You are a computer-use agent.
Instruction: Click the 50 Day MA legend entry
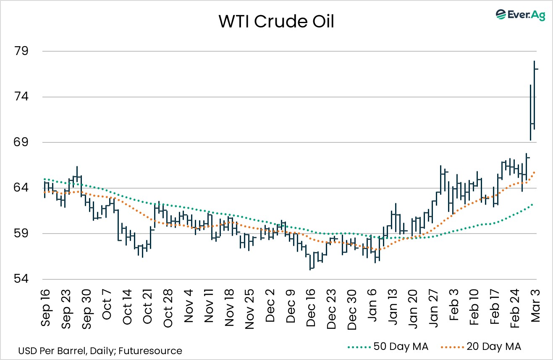click(388, 347)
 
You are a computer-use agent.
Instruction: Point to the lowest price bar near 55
click(310, 262)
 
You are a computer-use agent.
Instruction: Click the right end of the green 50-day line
click(532, 204)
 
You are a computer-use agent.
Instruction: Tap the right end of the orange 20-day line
click(534, 172)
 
